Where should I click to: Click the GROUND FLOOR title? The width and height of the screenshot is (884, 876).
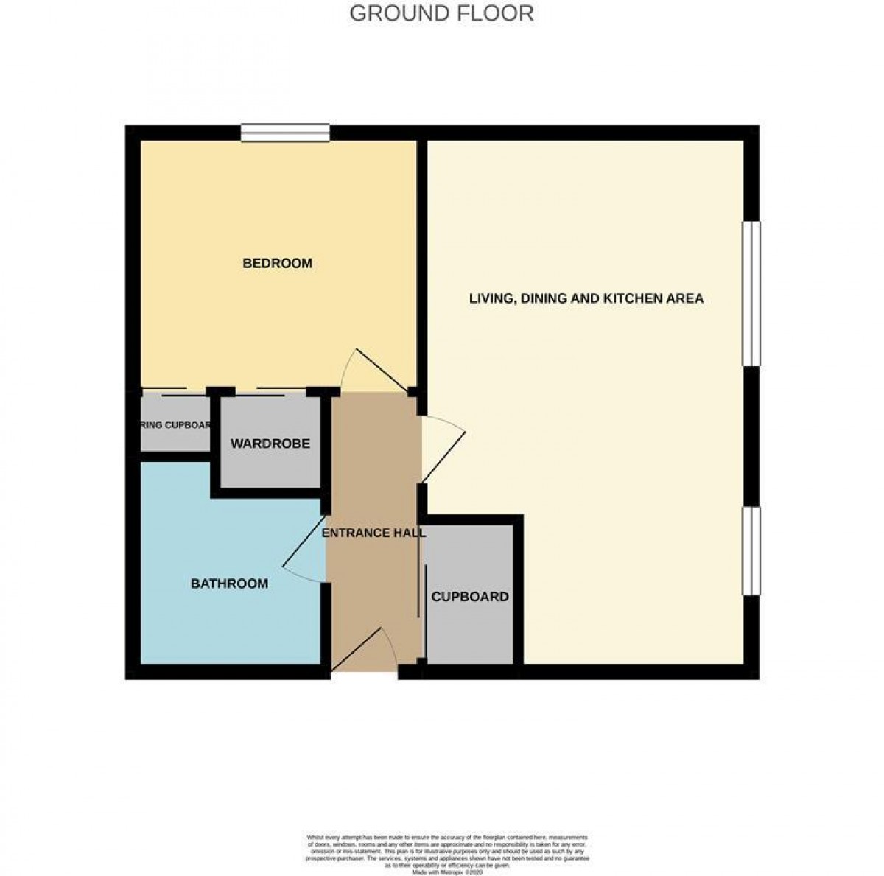441,13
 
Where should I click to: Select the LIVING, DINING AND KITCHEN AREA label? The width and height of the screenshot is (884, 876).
586,298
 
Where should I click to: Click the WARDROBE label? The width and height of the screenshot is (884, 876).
270,444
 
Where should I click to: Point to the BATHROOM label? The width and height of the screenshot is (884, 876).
229,584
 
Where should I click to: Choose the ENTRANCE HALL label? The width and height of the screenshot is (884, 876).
374,533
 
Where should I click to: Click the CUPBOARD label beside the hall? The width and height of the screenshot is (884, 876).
470,596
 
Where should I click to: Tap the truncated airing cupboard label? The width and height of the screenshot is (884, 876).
176,425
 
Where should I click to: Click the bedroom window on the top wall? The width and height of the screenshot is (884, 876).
285,133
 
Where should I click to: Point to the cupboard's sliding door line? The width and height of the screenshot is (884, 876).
421,597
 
